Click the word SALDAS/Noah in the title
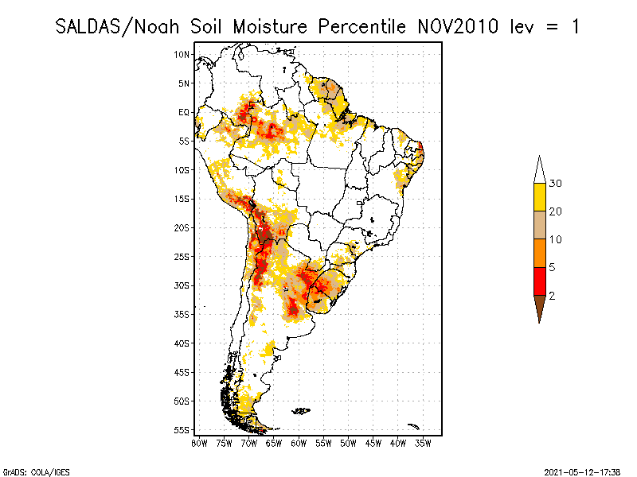117,27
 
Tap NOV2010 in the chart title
458,27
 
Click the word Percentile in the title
361,27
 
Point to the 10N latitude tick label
182,55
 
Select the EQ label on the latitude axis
184,112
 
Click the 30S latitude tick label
182,285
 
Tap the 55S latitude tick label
182,430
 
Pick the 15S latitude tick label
182,199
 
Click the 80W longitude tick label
199,444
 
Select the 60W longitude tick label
299,444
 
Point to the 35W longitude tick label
423,444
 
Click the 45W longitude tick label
373,444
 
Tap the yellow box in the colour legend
540,197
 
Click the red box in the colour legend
540,281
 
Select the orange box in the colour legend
540,253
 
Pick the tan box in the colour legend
540,225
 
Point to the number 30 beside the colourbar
555,184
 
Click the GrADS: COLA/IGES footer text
36,472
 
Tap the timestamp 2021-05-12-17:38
582,472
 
